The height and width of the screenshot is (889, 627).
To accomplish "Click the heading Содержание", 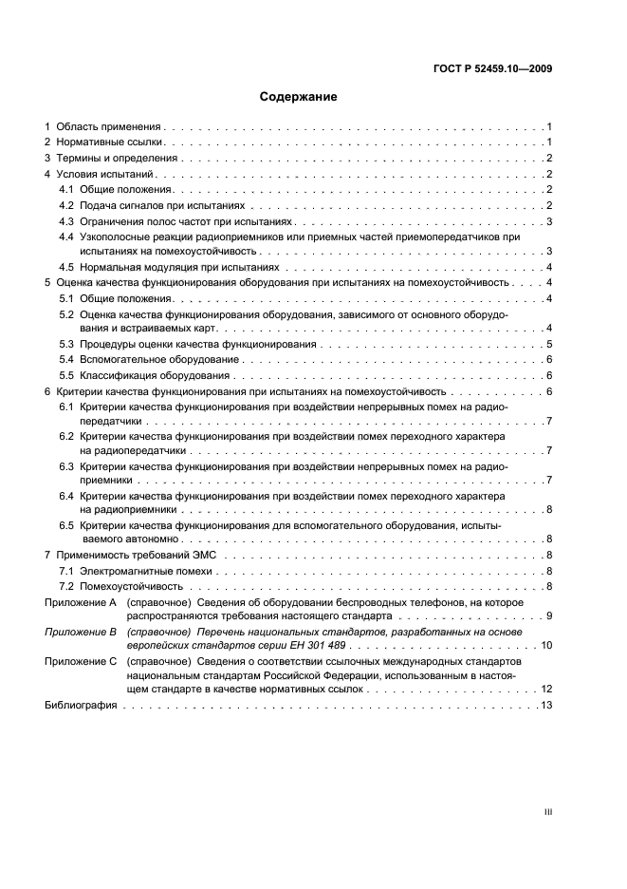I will (299, 97).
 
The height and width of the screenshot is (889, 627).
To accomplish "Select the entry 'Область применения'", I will (109, 126).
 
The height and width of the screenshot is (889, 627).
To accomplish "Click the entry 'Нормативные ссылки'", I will (108, 142).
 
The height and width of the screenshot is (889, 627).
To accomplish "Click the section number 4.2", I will (66, 205).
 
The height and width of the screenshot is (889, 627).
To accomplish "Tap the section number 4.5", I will (66, 268).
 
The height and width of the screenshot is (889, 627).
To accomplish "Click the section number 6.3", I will (66, 467).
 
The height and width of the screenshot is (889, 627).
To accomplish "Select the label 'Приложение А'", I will (81, 602).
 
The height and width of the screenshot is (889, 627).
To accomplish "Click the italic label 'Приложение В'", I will (81, 631).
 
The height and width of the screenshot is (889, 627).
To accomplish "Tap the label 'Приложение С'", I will (81, 659).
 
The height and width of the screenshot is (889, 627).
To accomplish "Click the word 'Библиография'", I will (81, 706).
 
